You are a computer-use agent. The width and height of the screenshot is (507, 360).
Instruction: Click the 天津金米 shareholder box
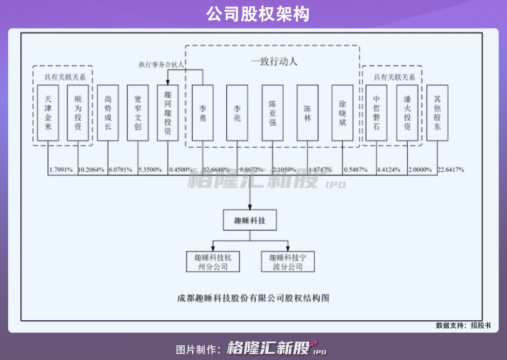(x=48, y=113)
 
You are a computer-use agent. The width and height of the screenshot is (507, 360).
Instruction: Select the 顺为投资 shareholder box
(x=78, y=113)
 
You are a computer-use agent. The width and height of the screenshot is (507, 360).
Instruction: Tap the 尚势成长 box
(x=108, y=113)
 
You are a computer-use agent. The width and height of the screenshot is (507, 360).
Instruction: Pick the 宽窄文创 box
(x=138, y=113)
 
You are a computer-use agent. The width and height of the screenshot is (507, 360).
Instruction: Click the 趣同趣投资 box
(x=168, y=113)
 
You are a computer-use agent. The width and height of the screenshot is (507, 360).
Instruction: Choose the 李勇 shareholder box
(x=203, y=113)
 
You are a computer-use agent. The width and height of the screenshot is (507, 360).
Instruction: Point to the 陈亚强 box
(x=273, y=113)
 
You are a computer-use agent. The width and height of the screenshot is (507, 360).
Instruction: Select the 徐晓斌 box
(x=342, y=113)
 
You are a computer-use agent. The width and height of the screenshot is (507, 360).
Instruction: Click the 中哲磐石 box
(x=377, y=113)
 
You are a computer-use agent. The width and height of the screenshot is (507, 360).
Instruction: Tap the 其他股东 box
(x=437, y=113)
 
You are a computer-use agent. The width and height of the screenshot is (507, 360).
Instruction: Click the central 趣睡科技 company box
(x=249, y=221)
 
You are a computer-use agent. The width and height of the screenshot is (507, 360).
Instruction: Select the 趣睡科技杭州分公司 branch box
(x=213, y=262)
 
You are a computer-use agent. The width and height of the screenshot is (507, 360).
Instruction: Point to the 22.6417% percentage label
(x=450, y=169)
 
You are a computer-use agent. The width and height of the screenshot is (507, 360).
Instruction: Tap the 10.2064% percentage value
(x=92, y=169)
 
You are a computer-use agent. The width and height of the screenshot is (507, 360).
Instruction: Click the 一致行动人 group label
(x=274, y=62)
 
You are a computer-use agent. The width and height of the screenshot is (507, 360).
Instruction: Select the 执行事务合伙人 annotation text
(x=161, y=65)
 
